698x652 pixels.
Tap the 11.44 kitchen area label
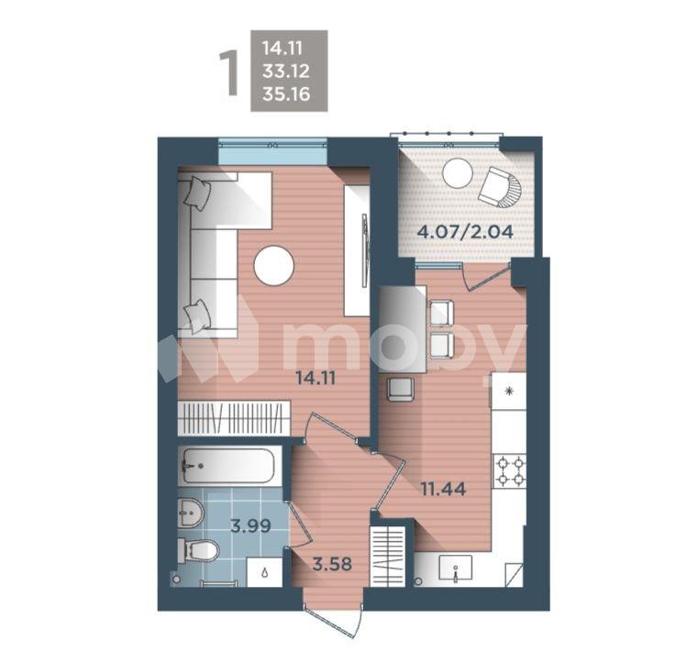(442, 489)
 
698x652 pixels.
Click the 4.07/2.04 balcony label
(464, 231)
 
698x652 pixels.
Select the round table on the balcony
(457, 173)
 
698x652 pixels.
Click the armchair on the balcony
(500, 187)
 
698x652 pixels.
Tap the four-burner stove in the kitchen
(510, 471)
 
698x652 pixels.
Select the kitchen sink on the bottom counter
(457, 570)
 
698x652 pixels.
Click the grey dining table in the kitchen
(403, 328)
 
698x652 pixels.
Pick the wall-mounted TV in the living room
(364, 250)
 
